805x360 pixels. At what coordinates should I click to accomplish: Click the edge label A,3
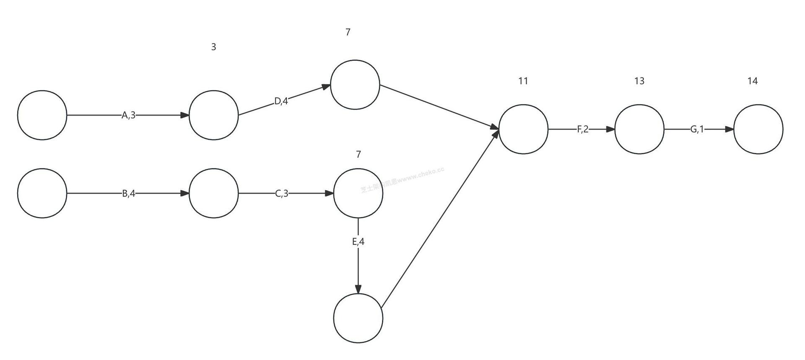(129, 115)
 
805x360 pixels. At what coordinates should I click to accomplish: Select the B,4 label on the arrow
(129, 194)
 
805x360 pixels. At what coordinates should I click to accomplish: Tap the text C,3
(282, 194)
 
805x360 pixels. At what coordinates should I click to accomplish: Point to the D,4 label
(281, 101)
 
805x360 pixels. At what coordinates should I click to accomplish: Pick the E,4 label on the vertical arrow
(358, 242)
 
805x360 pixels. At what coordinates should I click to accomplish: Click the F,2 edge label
(583, 129)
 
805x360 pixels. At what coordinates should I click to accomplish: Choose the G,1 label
(697, 129)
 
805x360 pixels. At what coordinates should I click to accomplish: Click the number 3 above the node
(213, 47)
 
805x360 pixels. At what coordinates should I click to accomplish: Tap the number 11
(523, 81)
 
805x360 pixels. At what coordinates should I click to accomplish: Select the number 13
(639, 81)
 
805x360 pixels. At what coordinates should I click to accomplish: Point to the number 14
(753, 81)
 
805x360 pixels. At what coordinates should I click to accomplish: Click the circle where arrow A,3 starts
(42, 115)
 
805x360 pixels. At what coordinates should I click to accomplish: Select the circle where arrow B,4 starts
(42, 193)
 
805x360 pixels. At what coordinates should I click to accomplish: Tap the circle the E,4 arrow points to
(358, 318)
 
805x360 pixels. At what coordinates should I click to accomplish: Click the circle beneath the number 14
(758, 129)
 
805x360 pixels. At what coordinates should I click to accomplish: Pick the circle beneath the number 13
(639, 129)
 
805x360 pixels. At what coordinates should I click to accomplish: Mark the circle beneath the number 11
(523, 129)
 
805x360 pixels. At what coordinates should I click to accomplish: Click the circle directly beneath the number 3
(213, 115)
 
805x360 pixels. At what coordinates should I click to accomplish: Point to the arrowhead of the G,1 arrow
(730, 129)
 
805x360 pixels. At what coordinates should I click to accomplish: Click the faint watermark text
(402, 181)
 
